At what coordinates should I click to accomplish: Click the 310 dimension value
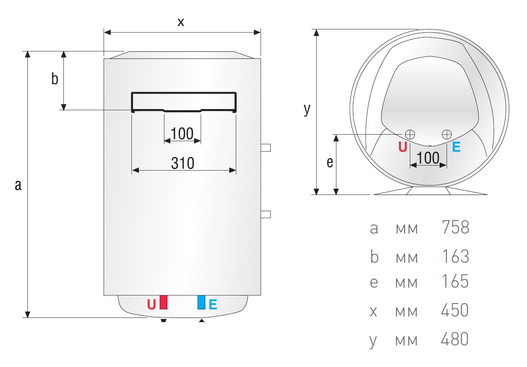click(182, 163)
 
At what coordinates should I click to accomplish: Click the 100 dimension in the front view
click(182, 134)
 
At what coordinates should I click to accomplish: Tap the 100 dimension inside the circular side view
click(428, 158)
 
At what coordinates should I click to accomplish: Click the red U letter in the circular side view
click(402, 147)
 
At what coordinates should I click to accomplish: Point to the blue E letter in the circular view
click(456, 147)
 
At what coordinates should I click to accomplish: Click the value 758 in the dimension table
click(455, 227)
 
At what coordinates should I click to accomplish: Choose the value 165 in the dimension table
click(455, 281)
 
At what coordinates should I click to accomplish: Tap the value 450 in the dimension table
click(455, 310)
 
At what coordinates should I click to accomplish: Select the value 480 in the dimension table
click(455, 339)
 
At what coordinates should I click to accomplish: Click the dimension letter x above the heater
click(181, 22)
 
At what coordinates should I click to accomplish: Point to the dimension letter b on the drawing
click(55, 79)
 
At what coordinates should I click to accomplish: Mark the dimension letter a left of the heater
click(18, 185)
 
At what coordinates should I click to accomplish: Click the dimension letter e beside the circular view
click(330, 162)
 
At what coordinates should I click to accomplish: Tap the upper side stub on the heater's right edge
click(266, 148)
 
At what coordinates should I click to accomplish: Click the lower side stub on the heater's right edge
click(266, 214)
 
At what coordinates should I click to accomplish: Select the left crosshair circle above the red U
click(410, 135)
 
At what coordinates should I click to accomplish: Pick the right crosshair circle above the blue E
click(447, 135)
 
